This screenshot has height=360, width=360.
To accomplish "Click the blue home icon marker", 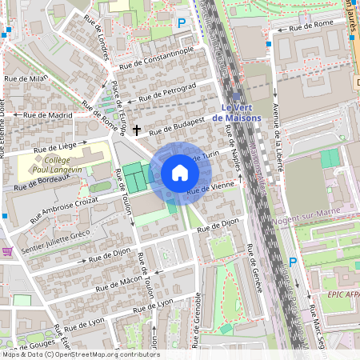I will (180, 172).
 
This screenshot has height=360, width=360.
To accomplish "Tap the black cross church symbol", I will (137, 129).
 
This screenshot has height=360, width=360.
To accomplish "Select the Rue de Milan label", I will (26, 78).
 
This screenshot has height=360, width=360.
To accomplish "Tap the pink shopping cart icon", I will (7, 251).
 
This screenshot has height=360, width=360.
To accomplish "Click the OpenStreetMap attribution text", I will (80, 354).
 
